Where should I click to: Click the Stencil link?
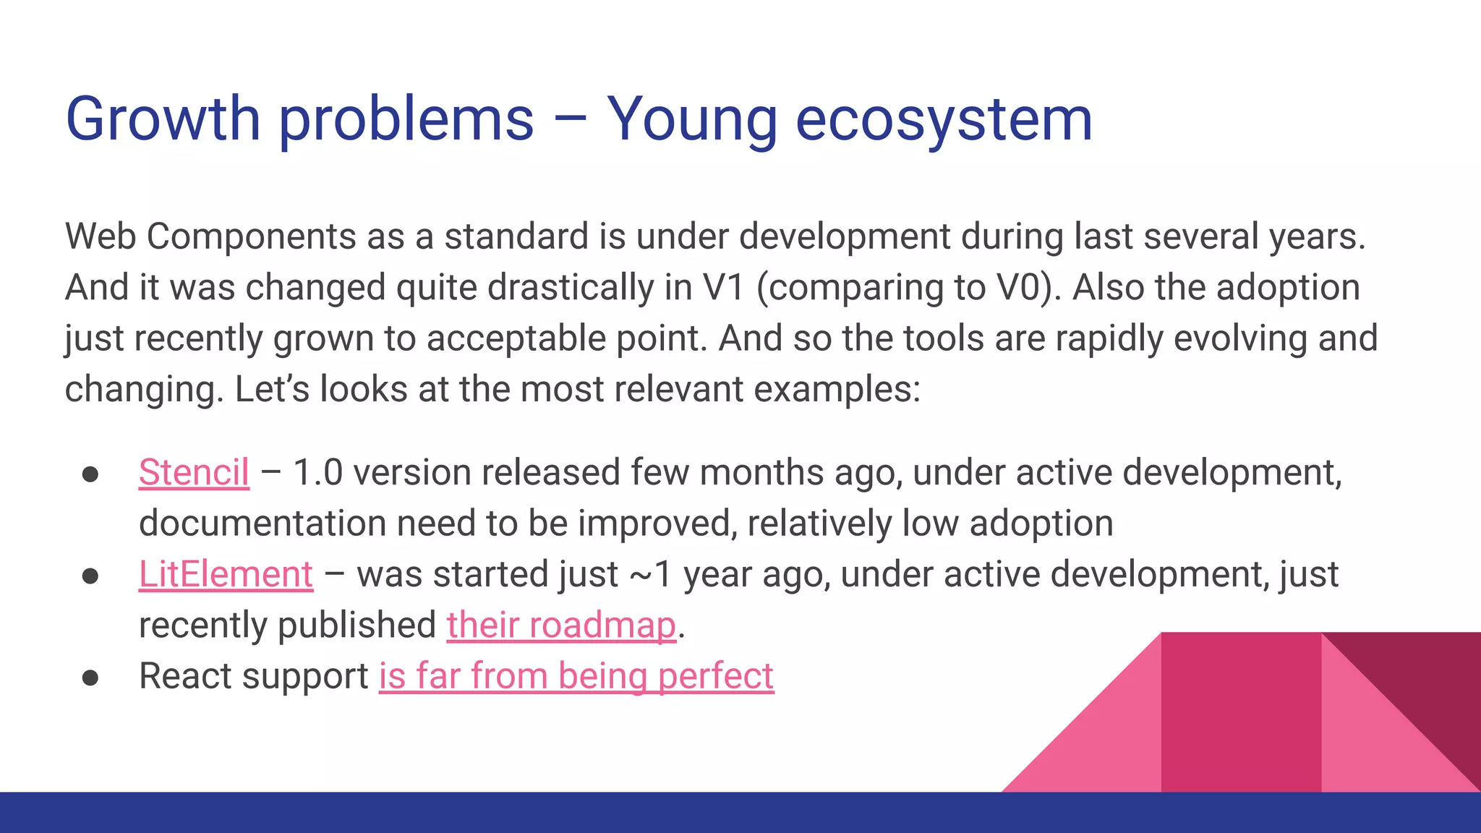pyautogui.click(x=194, y=473)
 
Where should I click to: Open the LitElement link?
pyautogui.click(x=226, y=575)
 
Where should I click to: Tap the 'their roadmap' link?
pyautogui.click(x=561, y=625)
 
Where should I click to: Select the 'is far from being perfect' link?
pyautogui.click(x=576, y=677)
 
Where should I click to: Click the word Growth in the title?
pyautogui.click(x=163, y=119)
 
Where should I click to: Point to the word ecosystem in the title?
pyautogui.click(x=944, y=119)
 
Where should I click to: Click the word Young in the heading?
pyautogui.click(x=691, y=119)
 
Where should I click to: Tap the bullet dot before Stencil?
pyautogui.click(x=90, y=474)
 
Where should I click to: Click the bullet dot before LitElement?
pyautogui.click(x=90, y=576)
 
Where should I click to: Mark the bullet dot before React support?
pyautogui.click(x=90, y=678)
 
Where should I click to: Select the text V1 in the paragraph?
pyautogui.click(x=723, y=288)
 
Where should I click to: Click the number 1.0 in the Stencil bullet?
pyautogui.click(x=317, y=473)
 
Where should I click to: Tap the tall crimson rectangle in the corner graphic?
pyautogui.click(x=1240, y=712)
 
